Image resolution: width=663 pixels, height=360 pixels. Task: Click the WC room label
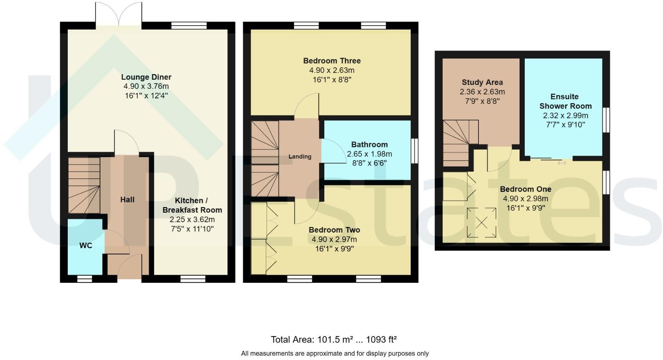(x=86, y=246)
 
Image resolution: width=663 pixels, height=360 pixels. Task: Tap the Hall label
(x=127, y=200)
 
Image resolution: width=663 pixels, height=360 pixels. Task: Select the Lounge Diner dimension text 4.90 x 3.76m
(x=146, y=86)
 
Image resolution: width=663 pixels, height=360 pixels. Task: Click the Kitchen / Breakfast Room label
(x=192, y=205)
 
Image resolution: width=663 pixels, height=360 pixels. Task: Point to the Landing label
(x=300, y=157)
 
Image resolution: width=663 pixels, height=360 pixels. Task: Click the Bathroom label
(x=369, y=145)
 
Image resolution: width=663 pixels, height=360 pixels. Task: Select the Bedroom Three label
(x=332, y=61)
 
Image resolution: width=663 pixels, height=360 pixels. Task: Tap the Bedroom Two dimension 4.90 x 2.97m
(x=334, y=240)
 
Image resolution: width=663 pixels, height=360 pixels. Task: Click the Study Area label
(x=482, y=82)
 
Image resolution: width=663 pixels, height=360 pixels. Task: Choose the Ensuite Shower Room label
(x=565, y=102)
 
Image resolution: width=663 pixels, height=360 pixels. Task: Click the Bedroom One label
(x=526, y=189)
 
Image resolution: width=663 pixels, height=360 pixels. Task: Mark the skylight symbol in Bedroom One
(x=481, y=223)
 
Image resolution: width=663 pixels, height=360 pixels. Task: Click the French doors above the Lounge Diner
(x=118, y=15)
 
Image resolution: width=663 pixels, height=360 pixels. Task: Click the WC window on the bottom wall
(x=84, y=279)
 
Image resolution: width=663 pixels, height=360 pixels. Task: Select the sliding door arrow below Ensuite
(x=562, y=162)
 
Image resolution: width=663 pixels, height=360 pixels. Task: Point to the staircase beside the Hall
(x=84, y=185)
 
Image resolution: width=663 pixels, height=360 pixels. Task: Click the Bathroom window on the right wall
(x=414, y=151)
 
